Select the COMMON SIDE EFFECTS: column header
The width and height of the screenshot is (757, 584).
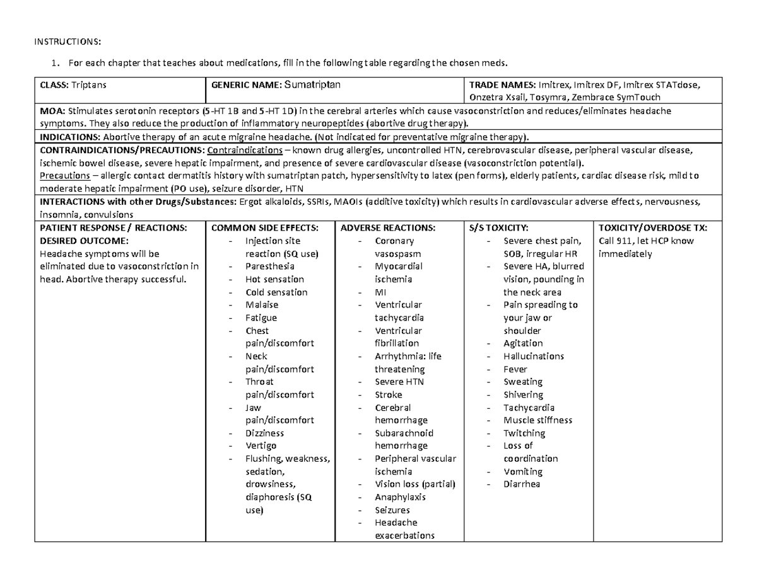[264, 227]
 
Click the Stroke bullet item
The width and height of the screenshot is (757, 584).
[388, 394]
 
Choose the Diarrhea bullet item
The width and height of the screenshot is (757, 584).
[522, 484]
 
